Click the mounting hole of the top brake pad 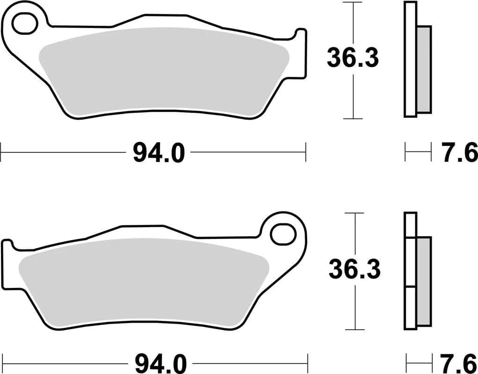coord(23,24)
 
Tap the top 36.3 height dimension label coord(352,58)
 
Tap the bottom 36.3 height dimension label coord(354,270)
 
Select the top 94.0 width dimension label coord(159,152)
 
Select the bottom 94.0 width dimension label coord(161,363)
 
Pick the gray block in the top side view coord(423,69)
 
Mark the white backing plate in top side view coord(410,59)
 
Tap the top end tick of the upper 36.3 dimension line coord(353,2)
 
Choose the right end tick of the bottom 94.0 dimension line coord(308,363)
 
